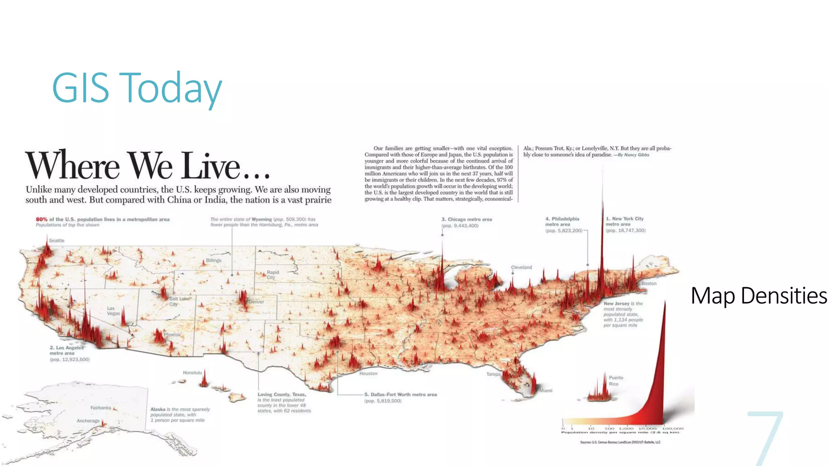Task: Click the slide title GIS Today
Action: coord(137,88)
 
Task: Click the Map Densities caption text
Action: coord(758,296)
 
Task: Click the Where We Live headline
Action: coord(148,165)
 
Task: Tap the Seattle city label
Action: coord(57,241)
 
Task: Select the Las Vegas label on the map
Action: coord(113,311)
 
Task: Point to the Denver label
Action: coord(256,302)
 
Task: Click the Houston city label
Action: coord(368,374)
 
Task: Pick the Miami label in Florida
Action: coord(546,390)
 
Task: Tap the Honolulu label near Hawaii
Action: coord(192,373)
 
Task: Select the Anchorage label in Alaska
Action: coord(88,421)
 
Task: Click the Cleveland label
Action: coord(521,267)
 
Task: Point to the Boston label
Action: coord(648,284)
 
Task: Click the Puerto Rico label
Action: coord(616,381)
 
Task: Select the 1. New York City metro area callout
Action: coord(625,225)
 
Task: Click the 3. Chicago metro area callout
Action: coord(467,222)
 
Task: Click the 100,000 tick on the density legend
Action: coord(673,428)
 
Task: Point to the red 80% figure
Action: coord(42,219)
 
